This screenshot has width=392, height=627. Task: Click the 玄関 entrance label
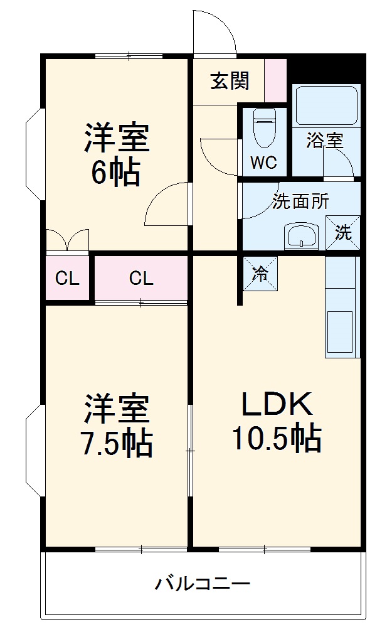tap(230, 81)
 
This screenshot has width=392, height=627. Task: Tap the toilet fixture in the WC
tap(264, 127)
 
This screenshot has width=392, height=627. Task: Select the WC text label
tap(263, 163)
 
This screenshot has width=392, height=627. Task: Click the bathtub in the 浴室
tap(326, 105)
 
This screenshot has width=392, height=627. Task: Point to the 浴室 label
tap(325, 141)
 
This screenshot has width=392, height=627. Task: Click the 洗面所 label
tap(301, 201)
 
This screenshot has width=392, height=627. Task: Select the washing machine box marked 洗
tap(343, 233)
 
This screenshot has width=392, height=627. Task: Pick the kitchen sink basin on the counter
tap(340, 332)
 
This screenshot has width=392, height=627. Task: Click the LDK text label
tap(276, 404)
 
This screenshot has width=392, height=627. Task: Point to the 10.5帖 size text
tap(277, 438)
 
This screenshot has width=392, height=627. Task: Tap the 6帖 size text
tap(116, 173)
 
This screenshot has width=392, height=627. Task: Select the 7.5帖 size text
tap(117, 444)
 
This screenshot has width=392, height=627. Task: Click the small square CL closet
tap(67, 278)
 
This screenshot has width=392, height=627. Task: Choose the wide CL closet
tap(141, 278)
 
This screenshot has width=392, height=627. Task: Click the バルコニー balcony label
tap(203, 584)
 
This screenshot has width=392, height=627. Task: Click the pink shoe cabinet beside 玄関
tap(276, 80)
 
